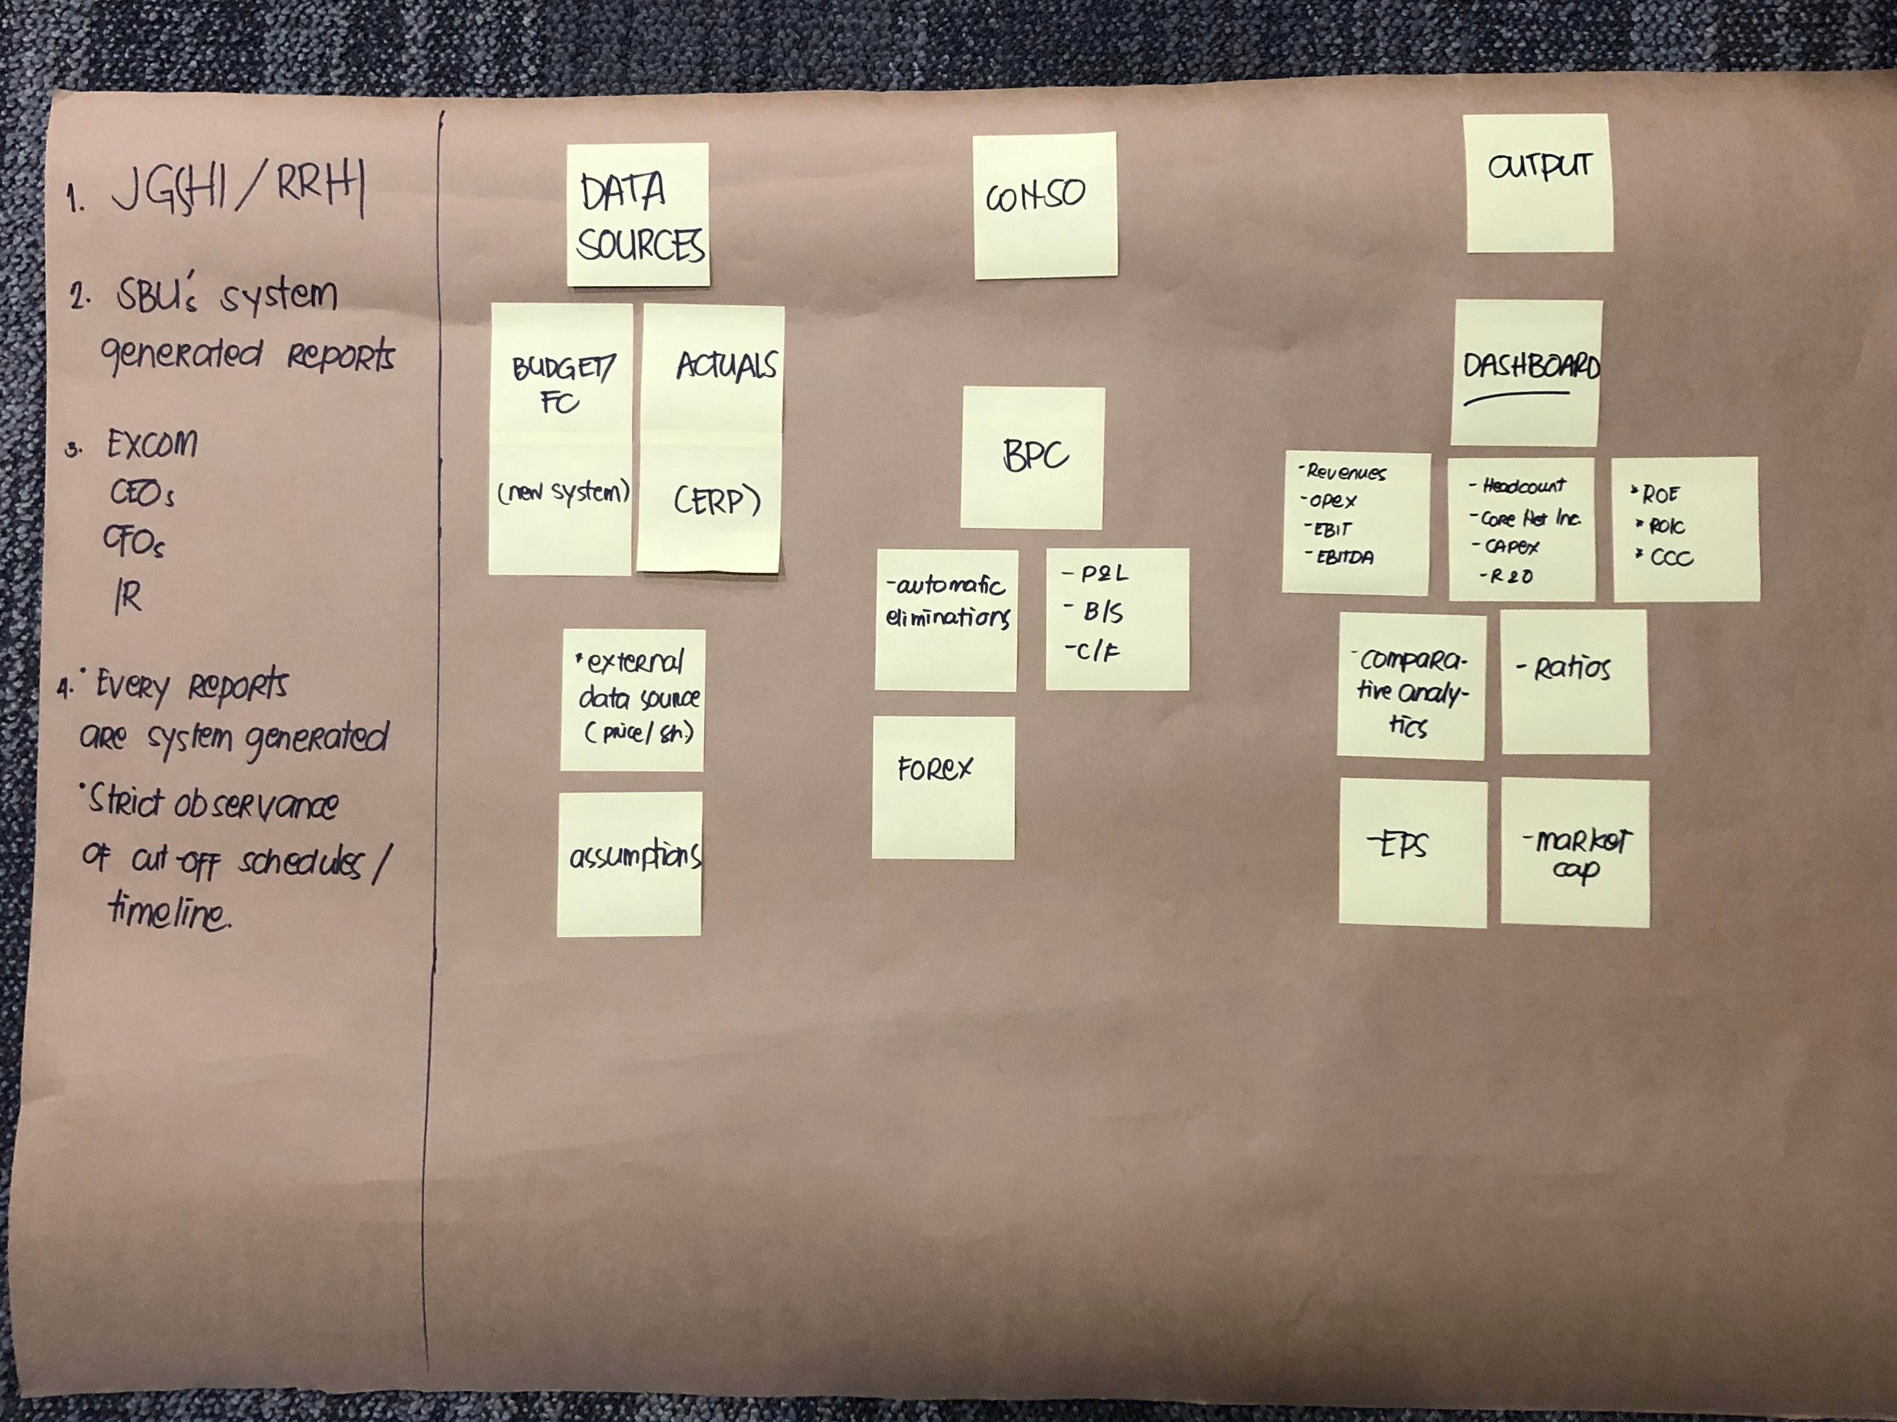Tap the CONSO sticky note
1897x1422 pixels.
pyautogui.click(x=1044, y=205)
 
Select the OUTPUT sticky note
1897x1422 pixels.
pyautogui.click(x=1538, y=183)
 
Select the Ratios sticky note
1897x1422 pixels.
pyautogui.click(x=1574, y=681)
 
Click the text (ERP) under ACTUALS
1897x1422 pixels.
pyautogui.click(x=716, y=501)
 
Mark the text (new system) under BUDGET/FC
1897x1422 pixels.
pyautogui.click(x=563, y=493)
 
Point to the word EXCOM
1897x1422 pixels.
pyautogui.click(x=152, y=444)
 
